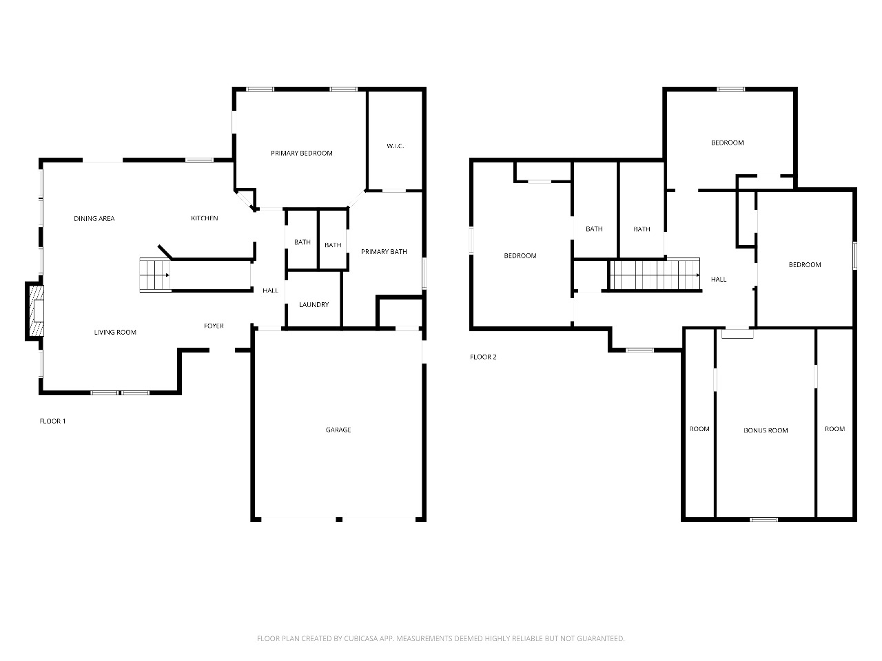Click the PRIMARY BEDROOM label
click(x=301, y=153)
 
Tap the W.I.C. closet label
click(x=395, y=146)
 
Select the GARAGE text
click(x=338, y=430)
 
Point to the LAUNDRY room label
click(x=314, y=304)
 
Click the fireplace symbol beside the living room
click(x=34, y=311)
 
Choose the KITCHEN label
click(x=204, y=218)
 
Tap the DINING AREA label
click(x=94, y=218)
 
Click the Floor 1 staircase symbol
click(x=155, y=275)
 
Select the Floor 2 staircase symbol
click(x=655, y=275)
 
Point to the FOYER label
click(x=214, y=326)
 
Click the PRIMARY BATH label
click(x=384, y=251)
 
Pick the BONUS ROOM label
click(x=766, y=430)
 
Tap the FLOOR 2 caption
click(x=483, y=357)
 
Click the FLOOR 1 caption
click(x=52, y=421)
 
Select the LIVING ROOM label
click(x=115, y=332)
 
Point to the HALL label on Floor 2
click(x=719, y=280)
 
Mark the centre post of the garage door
click(x=339, y=519)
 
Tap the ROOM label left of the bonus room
click(x=699, y=429)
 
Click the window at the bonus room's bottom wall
click(x=764, y=519)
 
